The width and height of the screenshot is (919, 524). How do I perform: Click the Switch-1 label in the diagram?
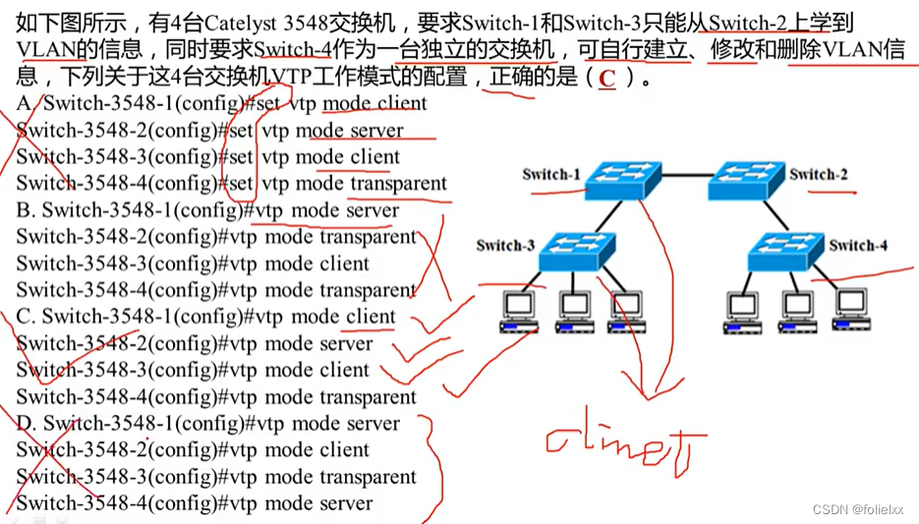point(551,174)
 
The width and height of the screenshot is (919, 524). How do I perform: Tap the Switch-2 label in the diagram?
point(818,174)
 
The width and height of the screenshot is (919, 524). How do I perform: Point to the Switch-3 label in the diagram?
point(505,245)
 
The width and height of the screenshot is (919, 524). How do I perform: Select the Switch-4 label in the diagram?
point(858,245)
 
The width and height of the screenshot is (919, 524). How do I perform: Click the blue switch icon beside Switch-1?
point(623,181)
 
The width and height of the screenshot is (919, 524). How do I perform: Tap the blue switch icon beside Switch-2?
point(746,181)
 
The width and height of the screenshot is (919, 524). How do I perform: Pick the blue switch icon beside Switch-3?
point(577,252)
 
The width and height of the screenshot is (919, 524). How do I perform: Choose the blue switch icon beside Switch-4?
point(786,252)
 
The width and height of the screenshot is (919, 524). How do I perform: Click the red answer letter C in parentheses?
point(606,78)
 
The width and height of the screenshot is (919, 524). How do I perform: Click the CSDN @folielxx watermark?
point(858,509)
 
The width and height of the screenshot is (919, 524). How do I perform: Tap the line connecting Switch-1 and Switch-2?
point(685,175)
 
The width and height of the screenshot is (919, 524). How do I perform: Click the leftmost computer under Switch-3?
point(519,312)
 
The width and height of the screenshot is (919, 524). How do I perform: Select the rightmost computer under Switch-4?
point(851,309)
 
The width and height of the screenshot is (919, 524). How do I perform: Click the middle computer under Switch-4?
point(797,312)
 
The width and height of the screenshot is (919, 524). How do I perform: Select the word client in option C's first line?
point(370,317)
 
